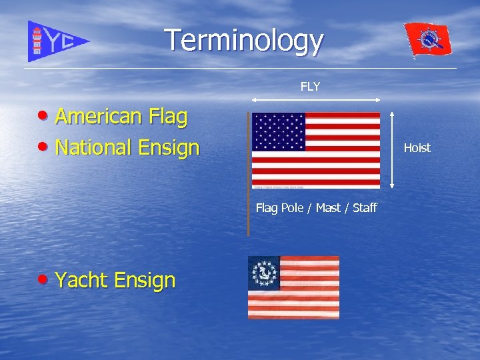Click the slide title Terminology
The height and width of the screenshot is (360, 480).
click(244, 41)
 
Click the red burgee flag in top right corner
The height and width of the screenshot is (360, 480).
click(428, 40)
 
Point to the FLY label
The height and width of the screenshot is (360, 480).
click(310, 87)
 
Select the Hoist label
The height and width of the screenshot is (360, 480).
click(417, 148)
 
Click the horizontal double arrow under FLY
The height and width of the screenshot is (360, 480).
click(315, 100)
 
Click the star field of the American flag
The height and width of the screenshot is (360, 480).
click(279, 131)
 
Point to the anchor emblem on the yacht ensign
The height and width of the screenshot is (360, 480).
click(264, 273)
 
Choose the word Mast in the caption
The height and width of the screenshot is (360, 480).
click(327, 208)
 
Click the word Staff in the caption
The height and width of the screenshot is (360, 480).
click(365, 208)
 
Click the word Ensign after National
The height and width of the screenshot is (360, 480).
click(169, 147)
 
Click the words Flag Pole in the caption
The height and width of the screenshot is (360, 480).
click(279, 208)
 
